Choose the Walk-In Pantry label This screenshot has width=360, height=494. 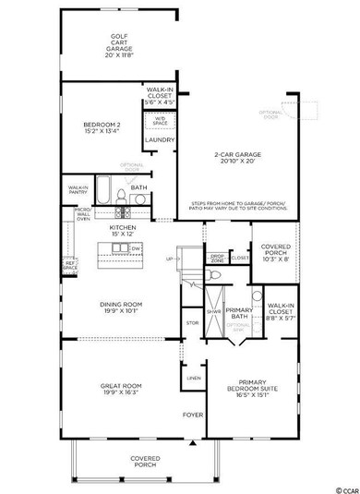tap(78, 188)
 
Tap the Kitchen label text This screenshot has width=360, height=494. tap(124, 231)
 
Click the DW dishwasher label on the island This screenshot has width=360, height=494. tap(135, 249)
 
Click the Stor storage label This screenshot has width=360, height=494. tap(192, 323)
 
